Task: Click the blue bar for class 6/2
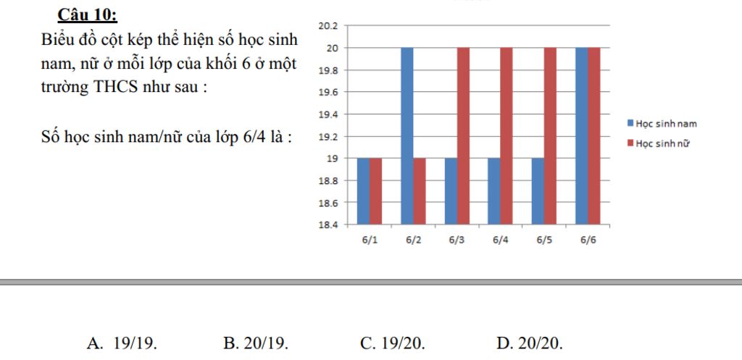click(407, 135)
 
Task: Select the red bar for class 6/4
click(507, 135)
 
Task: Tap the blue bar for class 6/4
click(494, 191)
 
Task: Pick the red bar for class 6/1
click(375, 191)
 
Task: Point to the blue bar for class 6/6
click(582, 135)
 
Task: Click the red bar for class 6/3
click(463, 135)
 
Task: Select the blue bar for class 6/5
click(538, 191)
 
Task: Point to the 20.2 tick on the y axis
click(328, 26)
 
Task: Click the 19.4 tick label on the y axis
click(328, 114)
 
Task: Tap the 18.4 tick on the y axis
click(328, 225)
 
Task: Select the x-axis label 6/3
click(457, 240)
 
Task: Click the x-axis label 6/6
click(588, 240)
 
